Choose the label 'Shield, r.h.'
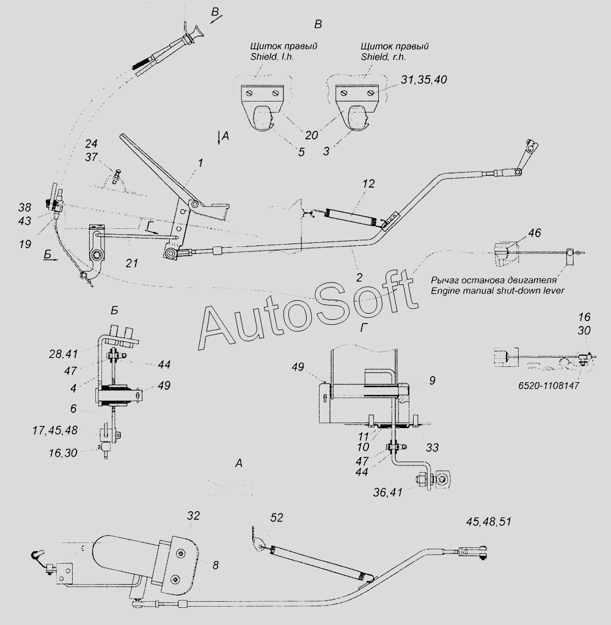pos(384,57)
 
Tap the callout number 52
pos(277,518)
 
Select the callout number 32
pos(193,516)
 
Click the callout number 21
pos(131,263)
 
